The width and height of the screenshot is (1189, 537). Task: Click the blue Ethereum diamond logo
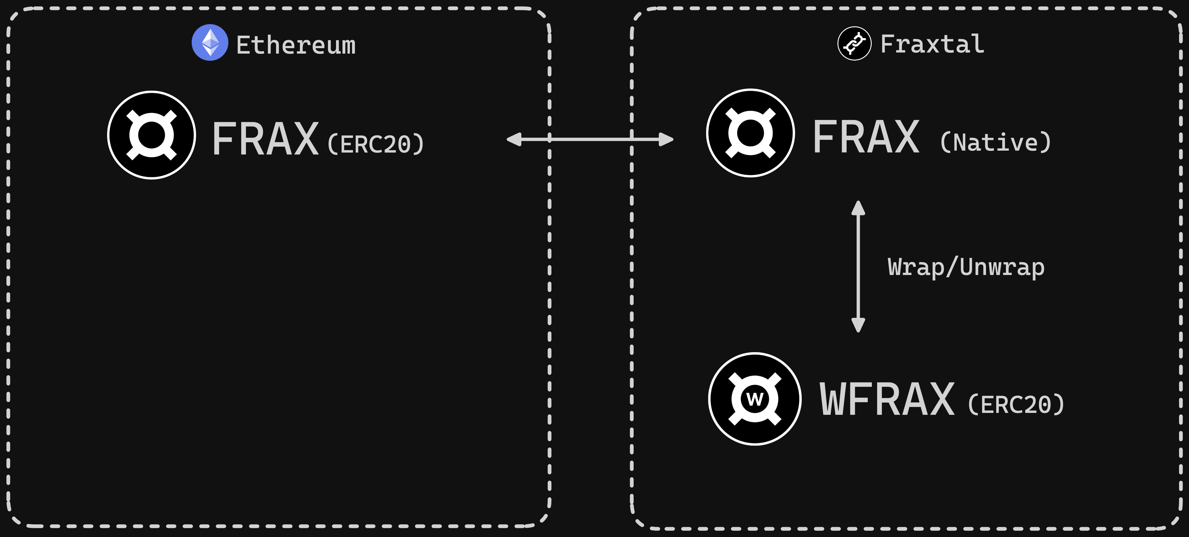pyautogui.click(x=210, y=43)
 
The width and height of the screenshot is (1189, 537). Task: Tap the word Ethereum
pyautogui.click(x=296, y=45)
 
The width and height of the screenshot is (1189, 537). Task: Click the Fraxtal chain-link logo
pyautogui.click(x=854, y=43)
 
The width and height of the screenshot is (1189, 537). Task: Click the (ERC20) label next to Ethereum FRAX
pyautogui.click(x=376, y=144)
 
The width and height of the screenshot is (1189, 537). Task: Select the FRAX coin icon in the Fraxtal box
pyautogui.click(x=750, y=133)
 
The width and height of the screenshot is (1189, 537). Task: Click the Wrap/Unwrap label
pyautogui.click(x=966, y=267)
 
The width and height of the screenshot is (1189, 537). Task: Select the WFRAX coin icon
pyautogui.click(x=755, y=399)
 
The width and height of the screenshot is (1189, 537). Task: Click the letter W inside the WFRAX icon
pyautogui.click(x=755, y=399)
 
